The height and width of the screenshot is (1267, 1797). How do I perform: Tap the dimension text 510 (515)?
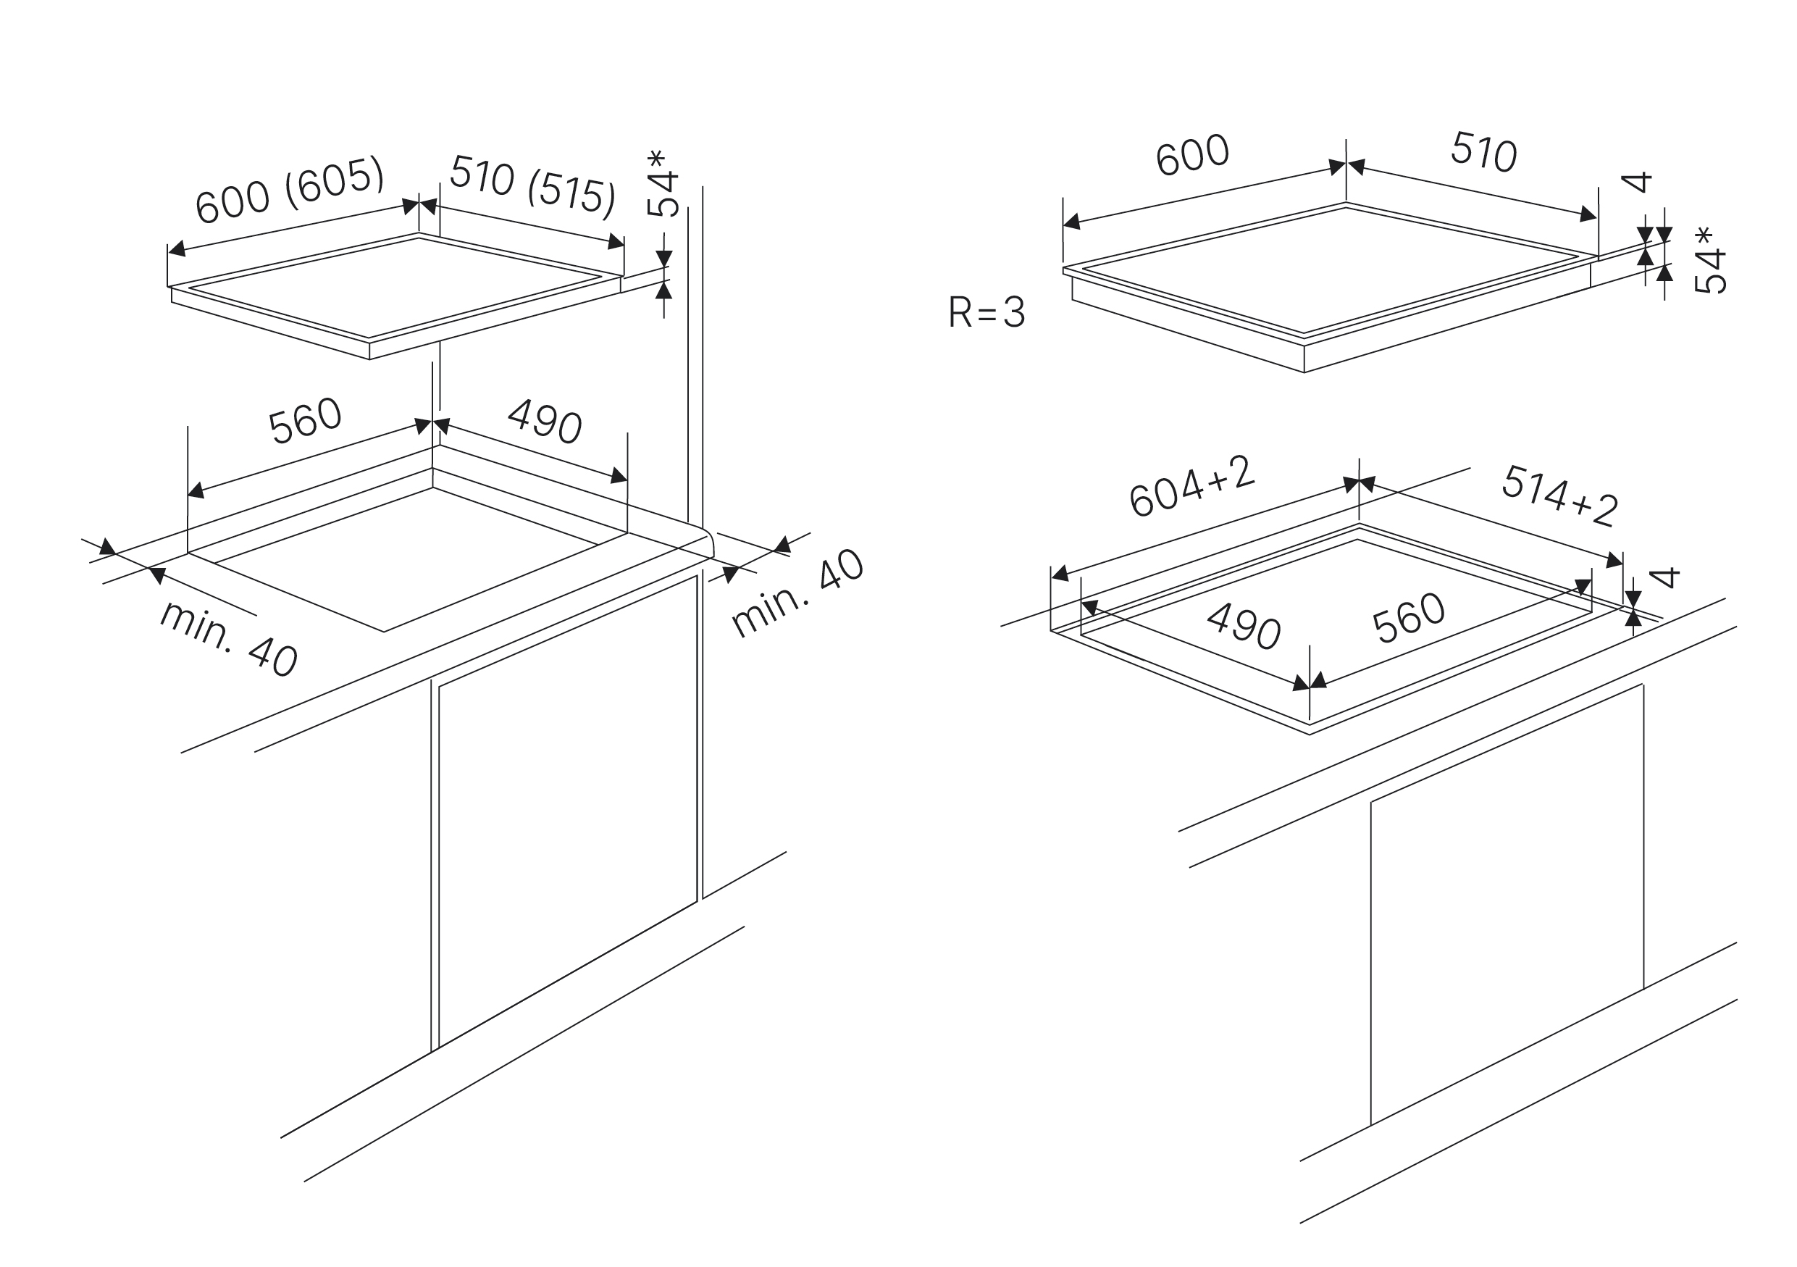(533, 185)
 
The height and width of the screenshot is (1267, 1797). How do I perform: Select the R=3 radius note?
(987, 312)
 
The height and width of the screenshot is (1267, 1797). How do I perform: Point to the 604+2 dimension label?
(1192, 486)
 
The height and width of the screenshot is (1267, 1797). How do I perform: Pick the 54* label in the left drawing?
(662, 183)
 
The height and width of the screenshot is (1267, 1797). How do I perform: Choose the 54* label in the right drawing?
(1709, 261)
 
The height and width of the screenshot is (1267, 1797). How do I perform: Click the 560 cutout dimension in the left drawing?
(305, 421)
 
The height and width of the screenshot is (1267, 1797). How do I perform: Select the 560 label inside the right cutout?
(1409, 618)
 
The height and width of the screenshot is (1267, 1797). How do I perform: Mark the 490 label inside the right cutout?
(1244, 626)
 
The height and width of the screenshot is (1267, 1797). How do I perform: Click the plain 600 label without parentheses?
(1192, 155)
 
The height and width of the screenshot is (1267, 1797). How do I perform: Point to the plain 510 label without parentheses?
(1484, 152)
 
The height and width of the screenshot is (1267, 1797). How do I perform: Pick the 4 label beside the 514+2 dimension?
(1664, 577)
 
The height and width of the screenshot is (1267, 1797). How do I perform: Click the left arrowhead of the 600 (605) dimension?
(177, 249)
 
